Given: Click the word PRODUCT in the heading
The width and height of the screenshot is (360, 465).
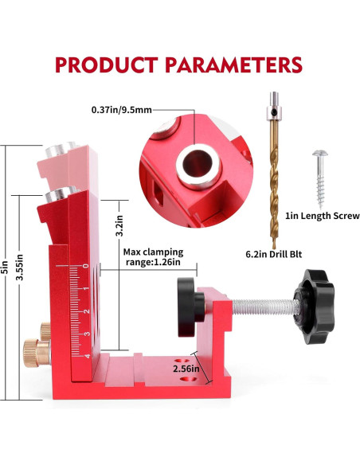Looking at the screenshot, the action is tap(106, 64).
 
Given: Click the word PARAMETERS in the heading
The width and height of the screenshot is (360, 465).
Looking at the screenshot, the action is tap(233, 64).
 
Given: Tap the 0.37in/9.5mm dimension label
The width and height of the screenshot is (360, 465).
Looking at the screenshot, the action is tap(122, 110).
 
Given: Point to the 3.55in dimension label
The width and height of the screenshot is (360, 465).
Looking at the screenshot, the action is tap(20, 268).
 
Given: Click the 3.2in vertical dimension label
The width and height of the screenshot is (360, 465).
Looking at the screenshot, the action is tap(119, 225).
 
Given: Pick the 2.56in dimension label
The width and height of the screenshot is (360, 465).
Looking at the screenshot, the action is tap(186, 369).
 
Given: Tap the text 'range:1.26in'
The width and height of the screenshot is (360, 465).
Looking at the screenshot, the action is tap(153, 263).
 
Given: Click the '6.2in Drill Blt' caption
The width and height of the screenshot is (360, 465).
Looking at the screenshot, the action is tap(274, 255).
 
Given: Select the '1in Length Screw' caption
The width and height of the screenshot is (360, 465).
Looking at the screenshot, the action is tap(323, 216).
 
